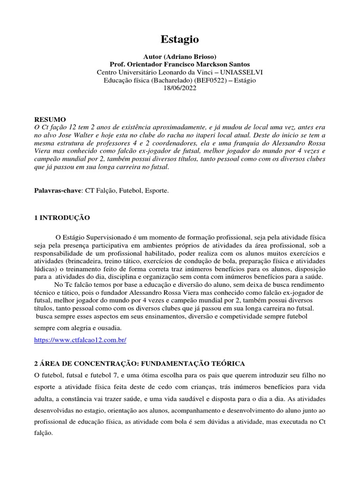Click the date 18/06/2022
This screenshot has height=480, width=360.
(x=180, y=88)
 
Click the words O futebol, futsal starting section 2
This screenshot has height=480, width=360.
(x=64, y=376)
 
